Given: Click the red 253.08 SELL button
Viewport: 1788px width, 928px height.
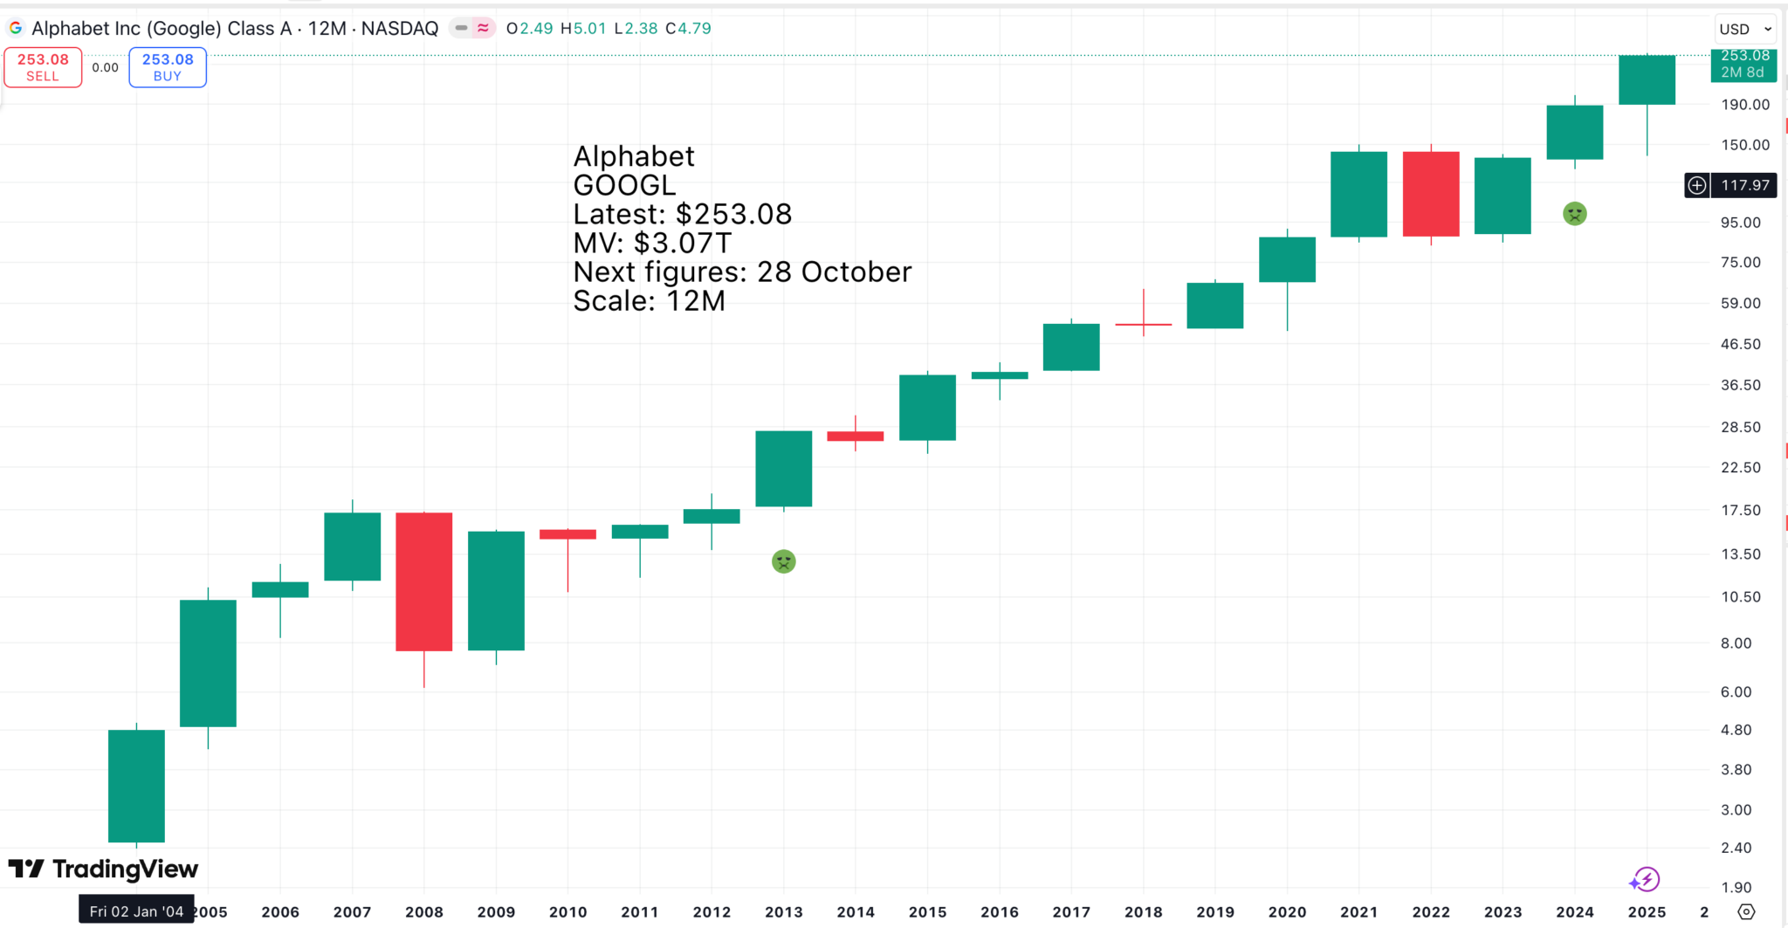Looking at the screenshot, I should point(43,67).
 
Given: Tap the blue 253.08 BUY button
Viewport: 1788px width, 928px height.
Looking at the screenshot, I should point(168,67).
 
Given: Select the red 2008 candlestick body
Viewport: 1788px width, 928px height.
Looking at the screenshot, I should point(424,581).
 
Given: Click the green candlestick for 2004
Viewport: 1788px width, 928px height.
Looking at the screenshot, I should point(136,786).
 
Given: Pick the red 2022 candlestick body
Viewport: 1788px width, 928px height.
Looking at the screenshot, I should point(1431,194).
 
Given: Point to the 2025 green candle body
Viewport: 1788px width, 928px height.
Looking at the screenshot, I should point(1647,79).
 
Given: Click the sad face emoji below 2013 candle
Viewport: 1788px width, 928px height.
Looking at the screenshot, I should point(784,561).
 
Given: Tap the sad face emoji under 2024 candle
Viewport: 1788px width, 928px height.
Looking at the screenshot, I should point(1574,214).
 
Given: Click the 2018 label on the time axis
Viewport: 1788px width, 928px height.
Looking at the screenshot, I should point(1143,911).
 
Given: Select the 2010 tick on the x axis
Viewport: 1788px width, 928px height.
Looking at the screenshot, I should point(567,911).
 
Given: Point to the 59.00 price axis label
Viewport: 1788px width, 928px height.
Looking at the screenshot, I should point(1740,303).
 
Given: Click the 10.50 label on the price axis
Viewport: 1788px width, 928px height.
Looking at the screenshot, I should point(1740,597).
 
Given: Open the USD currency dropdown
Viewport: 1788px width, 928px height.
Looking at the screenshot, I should point(1745,29).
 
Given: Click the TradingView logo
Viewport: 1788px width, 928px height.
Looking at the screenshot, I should point(104,869).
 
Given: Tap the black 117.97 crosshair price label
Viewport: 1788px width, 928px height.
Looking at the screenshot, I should point(1744,185).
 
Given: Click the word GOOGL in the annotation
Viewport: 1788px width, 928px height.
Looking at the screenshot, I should point(624,185).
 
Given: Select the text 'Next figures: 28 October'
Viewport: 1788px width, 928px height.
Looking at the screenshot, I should point(742,272).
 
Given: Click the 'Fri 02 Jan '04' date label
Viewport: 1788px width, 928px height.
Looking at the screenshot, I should point(136,911).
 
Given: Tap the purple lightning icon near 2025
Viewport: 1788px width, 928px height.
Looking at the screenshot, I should point(1645,879).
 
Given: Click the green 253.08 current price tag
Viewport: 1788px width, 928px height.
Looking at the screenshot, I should point(1743,64).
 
